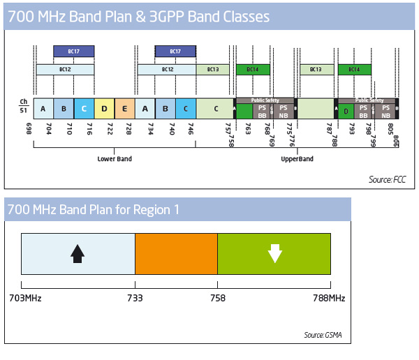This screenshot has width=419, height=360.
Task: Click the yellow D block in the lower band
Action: click(104, 108)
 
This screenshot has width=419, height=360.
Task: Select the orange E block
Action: click(124, 108)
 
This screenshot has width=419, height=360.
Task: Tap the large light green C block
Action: click(215, 108)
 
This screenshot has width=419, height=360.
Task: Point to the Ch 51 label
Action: click(24, 105)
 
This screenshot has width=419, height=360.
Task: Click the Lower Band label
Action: click(115, 159)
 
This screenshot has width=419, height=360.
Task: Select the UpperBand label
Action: click(297, 159)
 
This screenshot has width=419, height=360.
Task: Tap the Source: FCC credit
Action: click(387, 180)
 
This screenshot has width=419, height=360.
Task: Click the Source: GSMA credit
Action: click(323, 336)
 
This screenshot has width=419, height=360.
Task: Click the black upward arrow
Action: click(78, 253)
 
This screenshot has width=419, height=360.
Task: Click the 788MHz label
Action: click(328, 298)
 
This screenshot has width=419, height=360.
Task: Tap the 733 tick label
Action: click(135, 298)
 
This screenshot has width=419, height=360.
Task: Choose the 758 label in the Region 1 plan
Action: click(217, 298)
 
